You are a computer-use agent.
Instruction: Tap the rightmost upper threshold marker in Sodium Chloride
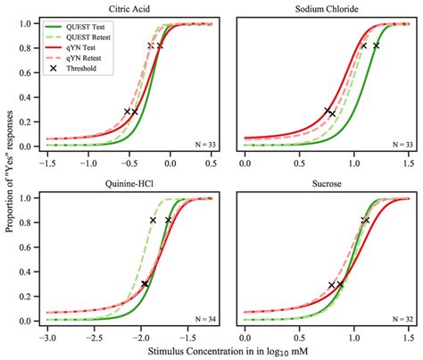[x=376, y=45]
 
